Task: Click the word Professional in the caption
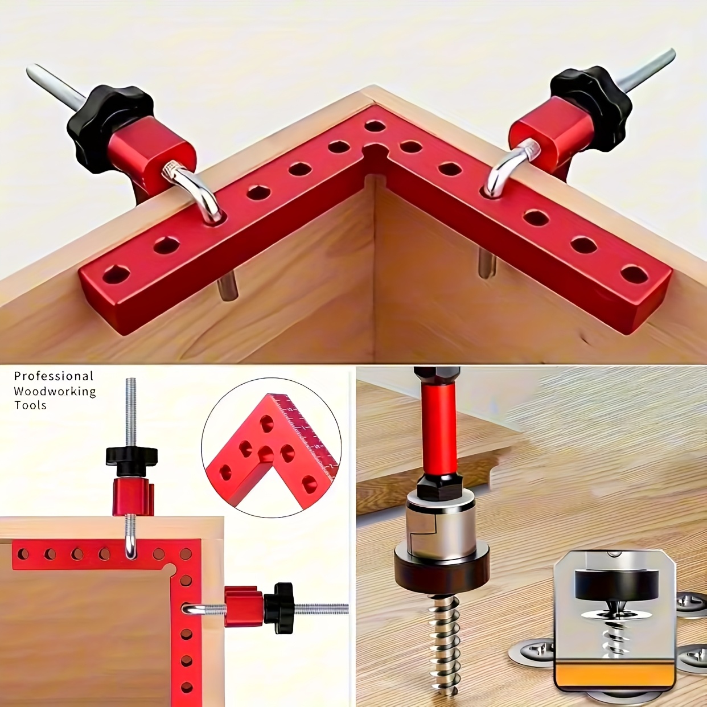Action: pyautogui.click(x=54, y=376)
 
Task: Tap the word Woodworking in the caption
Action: pyautogui.click(x=55, y=392)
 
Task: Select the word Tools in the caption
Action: pyautogui.click(x=30, y=405)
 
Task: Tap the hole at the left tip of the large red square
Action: pyautogui.click(x=117, y=275)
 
